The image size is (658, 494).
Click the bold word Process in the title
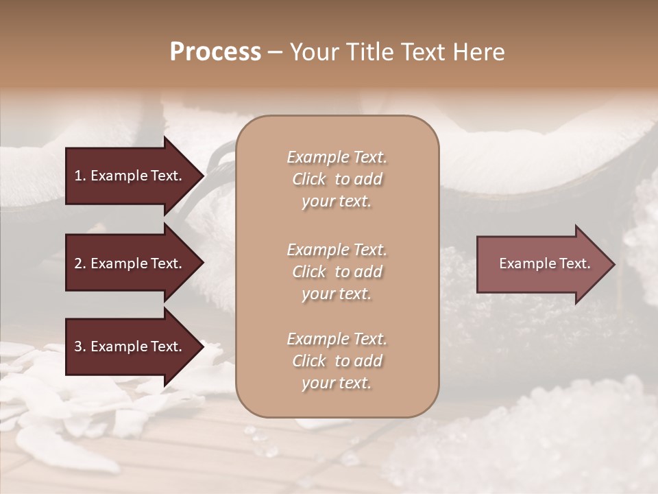pos(215,52)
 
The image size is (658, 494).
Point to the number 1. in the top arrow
pos(80,176)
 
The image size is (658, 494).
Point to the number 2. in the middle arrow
pos(80,263)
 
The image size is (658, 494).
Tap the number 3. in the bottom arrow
pos(80,346)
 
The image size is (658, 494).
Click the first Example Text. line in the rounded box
pos(337,157)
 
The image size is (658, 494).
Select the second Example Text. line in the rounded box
pos(337,249)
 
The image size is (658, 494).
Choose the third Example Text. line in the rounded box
pos(337,339)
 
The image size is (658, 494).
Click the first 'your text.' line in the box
pos(337,202)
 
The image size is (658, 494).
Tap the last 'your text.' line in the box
pos(337,384)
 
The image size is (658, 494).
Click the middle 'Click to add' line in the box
pos(337,272)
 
